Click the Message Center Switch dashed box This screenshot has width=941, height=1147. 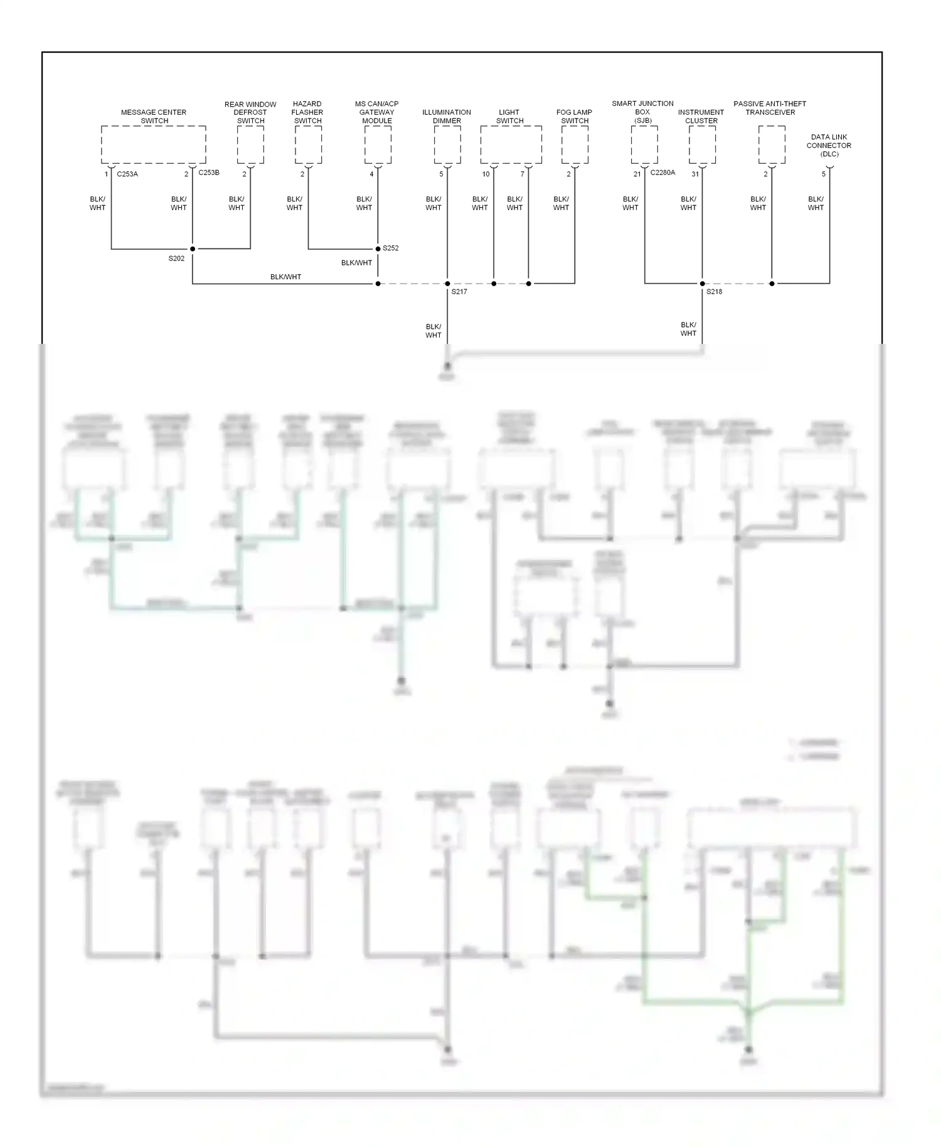click(154, 144)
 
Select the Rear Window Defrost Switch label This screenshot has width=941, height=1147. click(250, 112)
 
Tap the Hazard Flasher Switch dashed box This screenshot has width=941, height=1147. click(308, 144)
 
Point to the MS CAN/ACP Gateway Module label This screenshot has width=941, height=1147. click(377, 112)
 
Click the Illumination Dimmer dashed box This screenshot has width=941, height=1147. click(447, 144)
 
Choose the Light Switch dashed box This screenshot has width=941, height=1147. click(511, 144)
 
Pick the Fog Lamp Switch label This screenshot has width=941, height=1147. click(574, 116)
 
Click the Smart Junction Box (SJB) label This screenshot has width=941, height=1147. click(642, 112)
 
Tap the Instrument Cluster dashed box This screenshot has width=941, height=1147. click(702, 144)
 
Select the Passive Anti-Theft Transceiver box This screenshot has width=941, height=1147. click(772, 144)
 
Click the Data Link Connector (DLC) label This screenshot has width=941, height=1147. click(829, 145)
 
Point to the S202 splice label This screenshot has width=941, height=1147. click(176, 259)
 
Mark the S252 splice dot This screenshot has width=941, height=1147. click(378, 248)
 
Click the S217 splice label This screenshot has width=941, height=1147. click(459, 292)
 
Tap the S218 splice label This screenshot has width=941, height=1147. click(714, 292)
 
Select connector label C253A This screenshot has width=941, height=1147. click(127, 174)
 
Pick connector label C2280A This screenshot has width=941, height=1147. click(662, 173)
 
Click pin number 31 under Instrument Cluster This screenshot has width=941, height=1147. click(695, 174)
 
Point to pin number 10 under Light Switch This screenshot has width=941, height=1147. click(486, 174)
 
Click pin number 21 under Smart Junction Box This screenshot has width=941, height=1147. click(637, 174)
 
